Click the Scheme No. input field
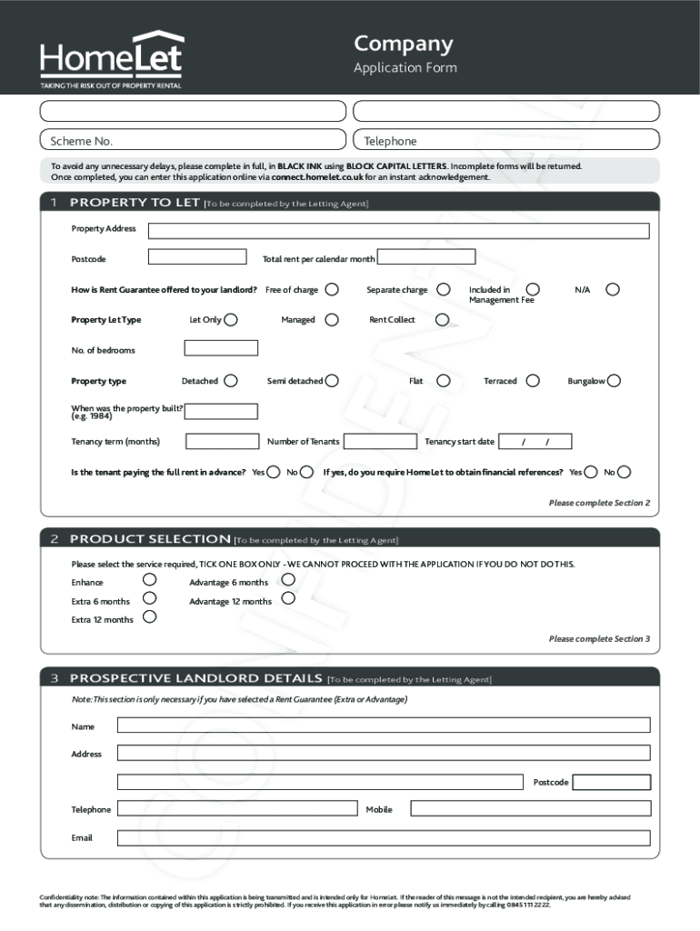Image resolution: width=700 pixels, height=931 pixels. click(x=193, y=140)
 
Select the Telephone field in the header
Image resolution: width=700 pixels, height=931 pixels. click(x=505, y=140)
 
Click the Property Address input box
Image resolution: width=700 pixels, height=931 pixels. click(x=398, y=230)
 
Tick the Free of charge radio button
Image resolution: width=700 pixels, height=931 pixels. click(x=332, y=290)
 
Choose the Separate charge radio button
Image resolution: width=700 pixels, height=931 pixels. click(x=443, y=290)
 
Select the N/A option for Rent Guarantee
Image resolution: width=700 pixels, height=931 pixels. click(x=613, y=289)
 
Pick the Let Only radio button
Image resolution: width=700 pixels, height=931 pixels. click(x=231, y=320)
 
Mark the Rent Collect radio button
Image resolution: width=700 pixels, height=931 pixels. click(x=442, y=320)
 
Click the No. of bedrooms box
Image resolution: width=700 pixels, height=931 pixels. click(x=221, y=348)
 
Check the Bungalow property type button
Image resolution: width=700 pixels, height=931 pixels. click(x=615, y=381)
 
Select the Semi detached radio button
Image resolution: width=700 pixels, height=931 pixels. click(x=332, y=381)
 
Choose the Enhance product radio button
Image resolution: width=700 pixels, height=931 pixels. click(x=149, y=580)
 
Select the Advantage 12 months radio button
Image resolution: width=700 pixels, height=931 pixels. click(x=288, y=598)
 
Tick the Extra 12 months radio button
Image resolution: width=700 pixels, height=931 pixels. click(x=149, y=617)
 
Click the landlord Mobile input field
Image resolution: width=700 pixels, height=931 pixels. click(x=530, y=808)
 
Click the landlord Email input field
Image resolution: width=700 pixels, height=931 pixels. click(x=384, y=837)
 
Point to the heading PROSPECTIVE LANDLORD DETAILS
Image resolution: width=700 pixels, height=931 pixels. click(x=195, y=678)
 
